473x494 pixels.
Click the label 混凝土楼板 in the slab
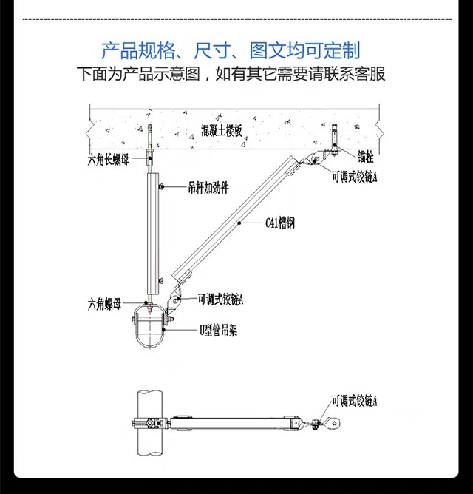coord(222,130)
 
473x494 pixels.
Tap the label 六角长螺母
coord(109,160)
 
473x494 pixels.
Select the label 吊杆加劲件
coord(208,188)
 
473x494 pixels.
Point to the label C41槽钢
coord(280,223)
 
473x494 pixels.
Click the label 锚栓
coord(365,156)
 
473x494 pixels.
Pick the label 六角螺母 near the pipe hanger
coord(104,305)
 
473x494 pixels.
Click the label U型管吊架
coord(218,331)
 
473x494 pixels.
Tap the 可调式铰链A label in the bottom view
coord(354,401)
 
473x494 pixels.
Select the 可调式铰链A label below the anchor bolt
coord(354,177)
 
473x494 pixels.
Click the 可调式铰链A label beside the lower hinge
coord(220,299)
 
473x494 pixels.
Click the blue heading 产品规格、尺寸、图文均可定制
coord(231,50)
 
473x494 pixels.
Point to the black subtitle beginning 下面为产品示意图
coord(231,74)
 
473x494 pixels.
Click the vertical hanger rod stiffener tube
coord(154,233)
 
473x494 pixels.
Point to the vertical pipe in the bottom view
coord(150,423)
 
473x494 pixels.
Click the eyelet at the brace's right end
coord(334,423)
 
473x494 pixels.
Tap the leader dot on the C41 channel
coord(239,223)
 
